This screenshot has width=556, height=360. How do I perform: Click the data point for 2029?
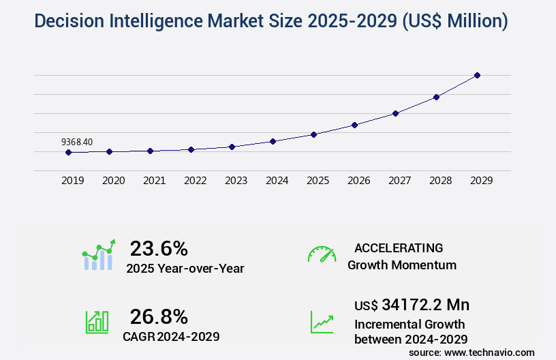pos(477,75)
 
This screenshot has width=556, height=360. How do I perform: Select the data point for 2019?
pos(68,152)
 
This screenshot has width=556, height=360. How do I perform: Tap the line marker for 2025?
pos(313,134)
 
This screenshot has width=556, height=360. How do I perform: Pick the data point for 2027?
pos(395,113)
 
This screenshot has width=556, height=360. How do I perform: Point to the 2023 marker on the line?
pos(232,147)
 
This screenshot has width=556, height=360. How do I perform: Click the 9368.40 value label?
pos(77,142)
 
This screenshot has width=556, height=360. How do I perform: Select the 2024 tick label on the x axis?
pos(277,181)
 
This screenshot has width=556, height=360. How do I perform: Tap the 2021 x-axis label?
pos(154,181)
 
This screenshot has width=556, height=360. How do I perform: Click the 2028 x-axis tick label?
pos(440,181)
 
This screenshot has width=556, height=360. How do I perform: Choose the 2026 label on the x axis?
pos(358,181)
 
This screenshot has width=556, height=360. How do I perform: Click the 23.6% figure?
pos(159,248)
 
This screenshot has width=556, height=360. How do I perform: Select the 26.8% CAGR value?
pos(159,316)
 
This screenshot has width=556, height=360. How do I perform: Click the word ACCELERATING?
pos(399,247)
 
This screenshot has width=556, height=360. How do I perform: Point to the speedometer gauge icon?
pos(322,254)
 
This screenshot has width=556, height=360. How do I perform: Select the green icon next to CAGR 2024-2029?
pos(97,322)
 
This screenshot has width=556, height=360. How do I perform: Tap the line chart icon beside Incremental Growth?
pos(322,322)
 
